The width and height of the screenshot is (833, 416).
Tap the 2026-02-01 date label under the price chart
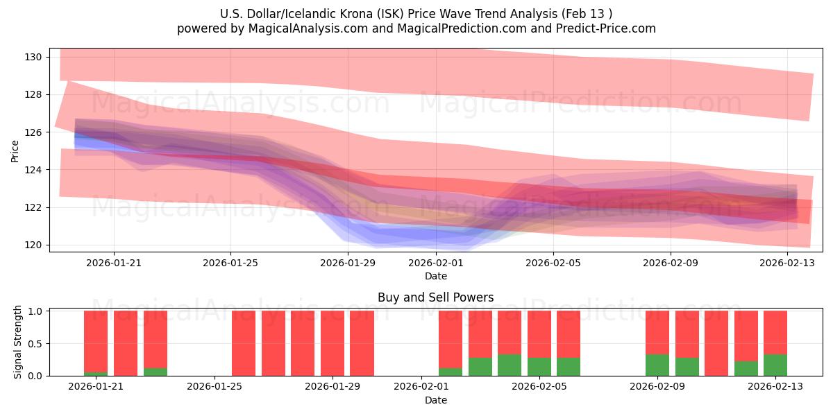(436, 263)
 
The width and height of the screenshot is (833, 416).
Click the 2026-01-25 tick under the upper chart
(230, 263)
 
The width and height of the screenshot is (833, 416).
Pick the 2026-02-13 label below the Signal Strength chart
(775, 387)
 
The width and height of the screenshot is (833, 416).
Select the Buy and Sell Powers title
(435, 297)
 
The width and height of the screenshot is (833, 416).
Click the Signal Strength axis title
(19, 343)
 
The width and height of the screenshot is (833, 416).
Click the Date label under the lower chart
(435, 400)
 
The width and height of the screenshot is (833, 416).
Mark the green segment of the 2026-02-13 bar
(775, 365)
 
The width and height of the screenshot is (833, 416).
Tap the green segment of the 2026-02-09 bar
(657, 365)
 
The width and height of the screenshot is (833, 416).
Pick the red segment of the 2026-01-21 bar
(96, 340)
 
